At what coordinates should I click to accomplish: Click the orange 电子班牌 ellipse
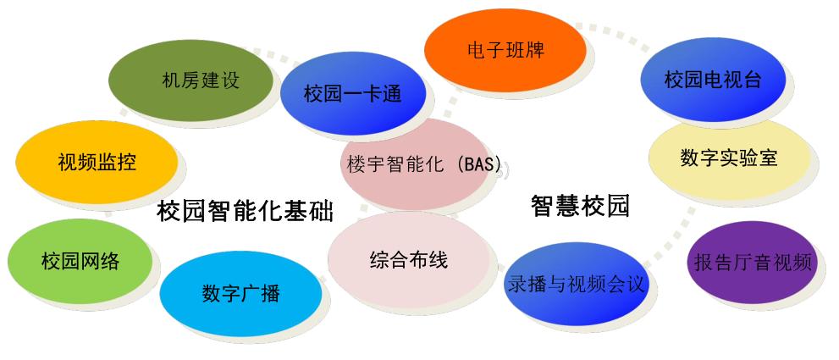pos(505,50)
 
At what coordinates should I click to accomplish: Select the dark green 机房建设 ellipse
pos(190,80)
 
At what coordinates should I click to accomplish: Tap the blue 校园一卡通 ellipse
pos(353,94)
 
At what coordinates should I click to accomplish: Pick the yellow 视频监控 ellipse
pos(97,163)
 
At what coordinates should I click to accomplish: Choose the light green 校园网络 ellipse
pos(80,262)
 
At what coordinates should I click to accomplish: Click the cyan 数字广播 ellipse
pos(240,294)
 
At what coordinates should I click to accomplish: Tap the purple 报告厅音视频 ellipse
pos(753,263)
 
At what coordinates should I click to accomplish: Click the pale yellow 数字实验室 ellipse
pos(730,158)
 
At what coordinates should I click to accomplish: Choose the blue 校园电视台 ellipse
pos(713,80)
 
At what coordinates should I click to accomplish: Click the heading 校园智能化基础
pos(245,211)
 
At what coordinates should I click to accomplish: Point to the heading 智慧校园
pos(580,206)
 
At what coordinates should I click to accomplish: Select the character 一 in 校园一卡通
pos(352,95)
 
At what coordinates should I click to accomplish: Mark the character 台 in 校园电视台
pos(752,80)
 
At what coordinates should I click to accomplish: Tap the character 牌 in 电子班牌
pos(535,51)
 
